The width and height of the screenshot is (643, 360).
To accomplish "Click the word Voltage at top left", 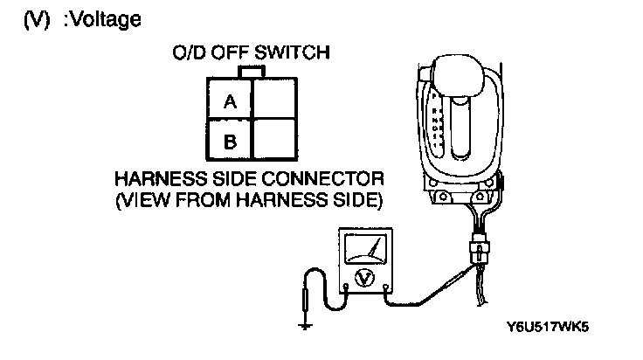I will pos(102,18).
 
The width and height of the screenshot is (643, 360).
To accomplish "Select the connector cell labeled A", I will pos(230,101).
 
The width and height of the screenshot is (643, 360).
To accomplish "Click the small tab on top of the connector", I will pos(251,71).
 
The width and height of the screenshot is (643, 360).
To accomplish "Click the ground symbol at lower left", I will pos(305,326).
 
